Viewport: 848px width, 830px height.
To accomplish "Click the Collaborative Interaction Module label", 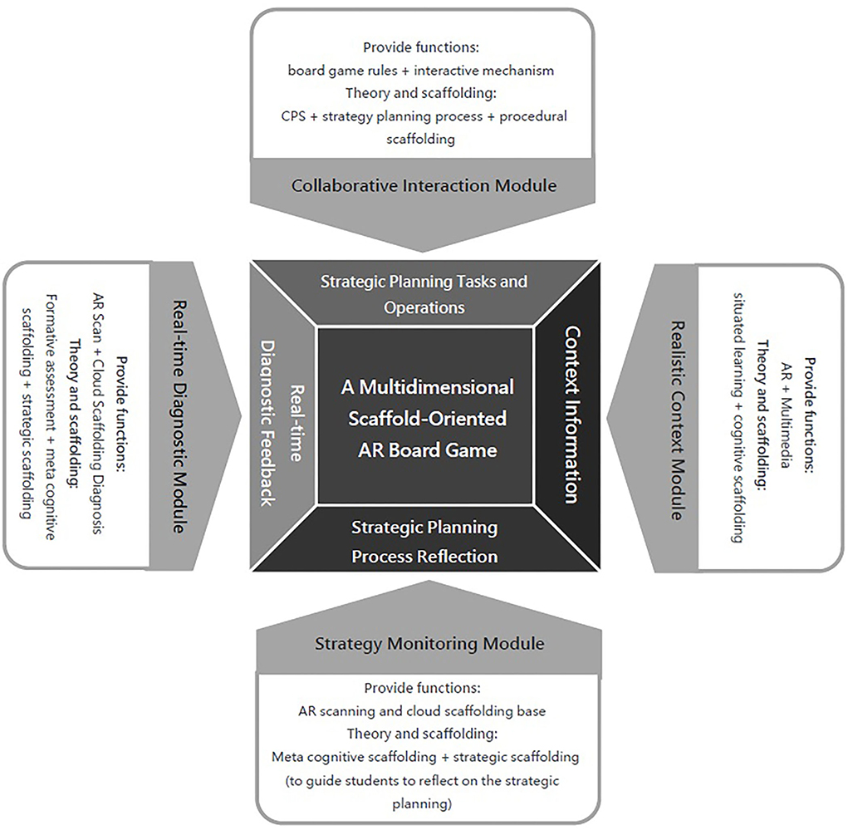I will [x=424, y=184].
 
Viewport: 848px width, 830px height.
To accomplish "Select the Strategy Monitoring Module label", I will [x=429, y=643].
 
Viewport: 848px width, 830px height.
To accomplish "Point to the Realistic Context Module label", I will [x=675, y=420].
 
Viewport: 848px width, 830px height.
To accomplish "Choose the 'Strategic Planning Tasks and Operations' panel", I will [x=424, y=293].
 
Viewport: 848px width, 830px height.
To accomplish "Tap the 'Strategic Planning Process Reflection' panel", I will [x=424, y=541].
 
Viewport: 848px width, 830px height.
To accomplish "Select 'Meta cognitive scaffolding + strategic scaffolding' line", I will [x=424, y=757].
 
